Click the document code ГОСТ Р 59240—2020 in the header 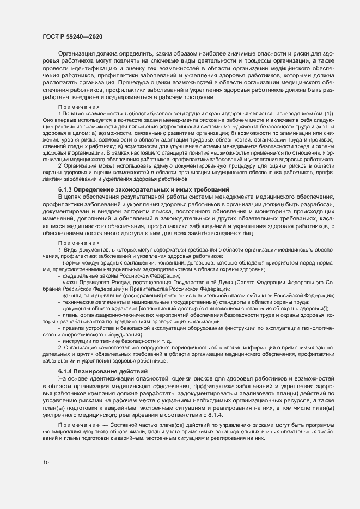[x=72, y=36]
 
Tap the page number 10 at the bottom [x=46, y=463]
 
